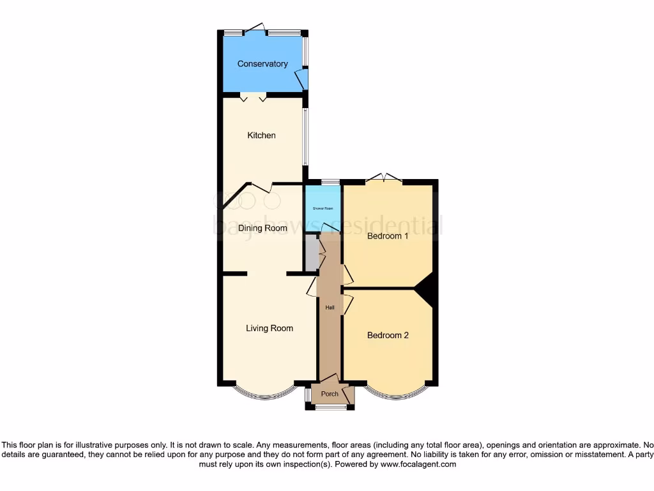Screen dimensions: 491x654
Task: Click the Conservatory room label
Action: click(x=262, y=64)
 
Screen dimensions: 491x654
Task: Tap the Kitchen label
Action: click(x=261, y=136)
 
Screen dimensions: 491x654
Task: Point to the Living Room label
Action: click(x=270, y=329)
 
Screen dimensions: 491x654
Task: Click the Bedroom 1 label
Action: click(x=388, y=236)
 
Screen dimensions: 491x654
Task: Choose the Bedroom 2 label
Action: click(x=388, y=336)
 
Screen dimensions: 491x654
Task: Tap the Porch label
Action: click(x=330, y=394)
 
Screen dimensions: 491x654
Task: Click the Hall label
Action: click(x=330, y=308)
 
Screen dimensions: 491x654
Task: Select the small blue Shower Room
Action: click(x=323, y=208)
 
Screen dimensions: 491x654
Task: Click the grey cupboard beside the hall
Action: click(x=311, y=254)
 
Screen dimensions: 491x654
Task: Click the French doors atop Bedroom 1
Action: click(x=384, y=178)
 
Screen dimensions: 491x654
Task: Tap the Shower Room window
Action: click(x=330, y=183)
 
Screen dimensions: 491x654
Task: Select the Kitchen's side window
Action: click(x=305, y=136)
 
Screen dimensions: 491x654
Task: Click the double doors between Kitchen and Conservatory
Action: click(x=254, y=97)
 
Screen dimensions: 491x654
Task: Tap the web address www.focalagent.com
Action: click(x=418, y=464)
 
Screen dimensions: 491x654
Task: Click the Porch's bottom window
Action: click(x=330, y=407)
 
